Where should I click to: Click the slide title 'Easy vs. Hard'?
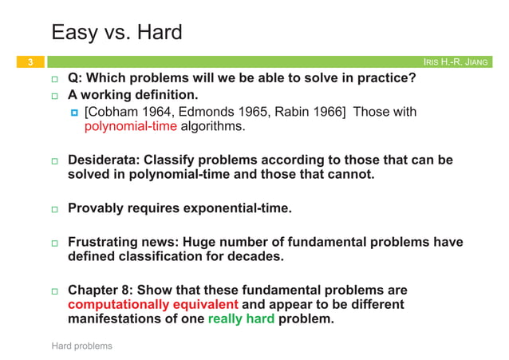point(116,33)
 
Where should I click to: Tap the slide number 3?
point(30,62)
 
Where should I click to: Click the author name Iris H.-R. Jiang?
point(457,62)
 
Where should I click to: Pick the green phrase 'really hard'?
point(241,319)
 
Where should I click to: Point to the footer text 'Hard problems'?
point(81,346)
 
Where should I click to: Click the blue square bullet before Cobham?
point(74,113)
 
